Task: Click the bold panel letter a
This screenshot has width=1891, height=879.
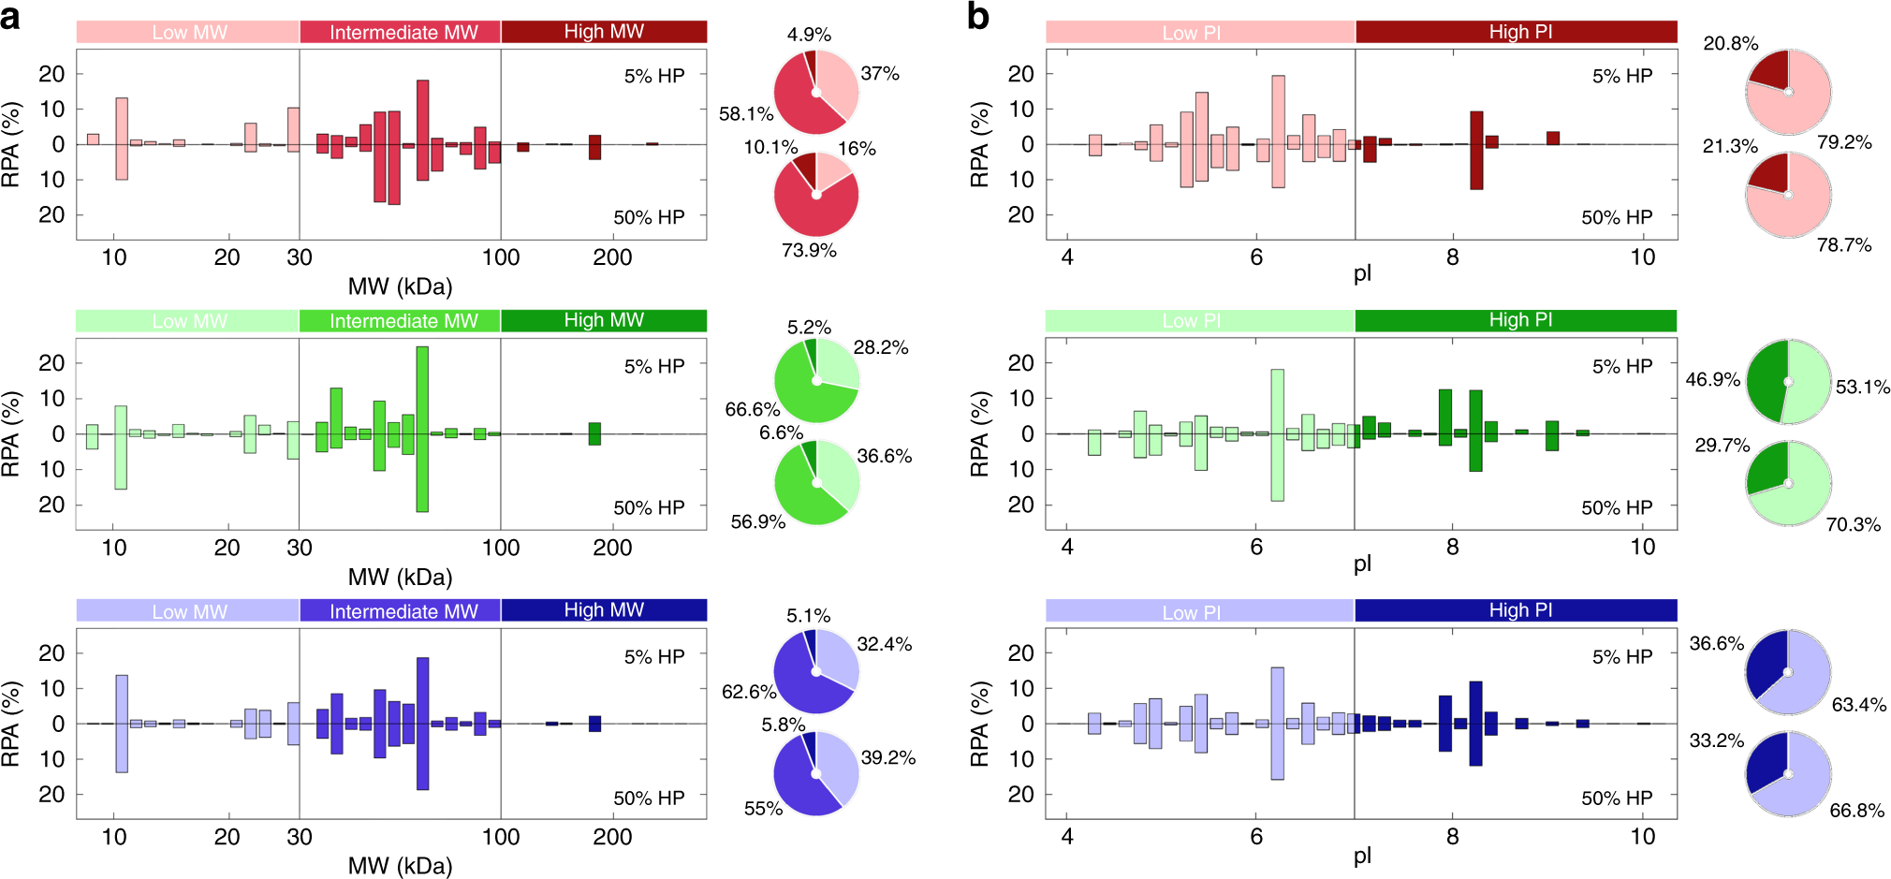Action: click(11, 16)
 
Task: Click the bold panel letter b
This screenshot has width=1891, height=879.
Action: click(977, 16)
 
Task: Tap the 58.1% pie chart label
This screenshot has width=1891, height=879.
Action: click(746, 114)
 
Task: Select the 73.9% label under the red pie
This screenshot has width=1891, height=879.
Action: click(809, 250)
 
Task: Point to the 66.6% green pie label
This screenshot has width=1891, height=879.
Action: click(752, 409)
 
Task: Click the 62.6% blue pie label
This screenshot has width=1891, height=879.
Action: click(749, 692)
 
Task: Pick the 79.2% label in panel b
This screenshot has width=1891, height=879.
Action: click(1844, 142)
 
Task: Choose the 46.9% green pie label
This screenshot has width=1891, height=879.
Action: click(1712, 379)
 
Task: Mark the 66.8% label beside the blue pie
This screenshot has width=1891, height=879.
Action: click(1856, 810)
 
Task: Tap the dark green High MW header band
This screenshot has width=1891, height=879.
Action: click(604, 321)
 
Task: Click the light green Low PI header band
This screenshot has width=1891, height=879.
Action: click(1198, 321)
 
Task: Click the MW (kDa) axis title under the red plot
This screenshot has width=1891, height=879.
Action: click(400, 286)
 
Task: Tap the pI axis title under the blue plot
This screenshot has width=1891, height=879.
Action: click(1362, 856)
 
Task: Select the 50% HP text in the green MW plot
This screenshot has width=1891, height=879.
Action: click(649, 507)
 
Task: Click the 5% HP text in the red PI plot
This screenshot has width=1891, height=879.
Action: click(1622, 76)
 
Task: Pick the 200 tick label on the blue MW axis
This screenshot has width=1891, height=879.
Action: click(612, 837)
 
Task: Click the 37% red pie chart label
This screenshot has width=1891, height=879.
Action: click(880, 73)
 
